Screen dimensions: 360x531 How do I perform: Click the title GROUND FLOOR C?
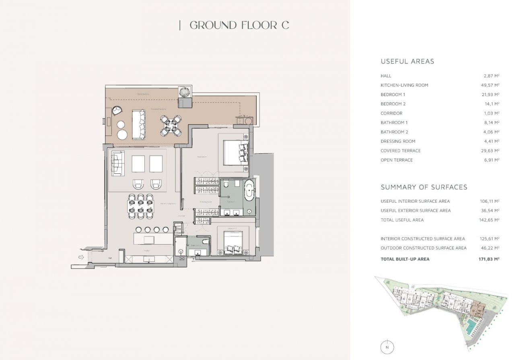239,25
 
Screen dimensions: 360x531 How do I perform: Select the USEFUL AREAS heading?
407,62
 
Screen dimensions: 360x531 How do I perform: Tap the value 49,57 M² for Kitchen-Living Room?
491,85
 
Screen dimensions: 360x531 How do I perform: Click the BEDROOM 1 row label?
393,95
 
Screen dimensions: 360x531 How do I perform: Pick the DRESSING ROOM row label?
398,141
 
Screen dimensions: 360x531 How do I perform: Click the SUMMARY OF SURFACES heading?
424,187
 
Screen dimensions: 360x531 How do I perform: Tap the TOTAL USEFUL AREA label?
402,220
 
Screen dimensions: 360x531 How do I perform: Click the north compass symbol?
387,347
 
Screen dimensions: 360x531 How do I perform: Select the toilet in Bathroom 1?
227,185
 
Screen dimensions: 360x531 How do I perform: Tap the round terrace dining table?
171,125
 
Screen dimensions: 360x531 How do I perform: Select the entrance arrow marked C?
81,257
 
